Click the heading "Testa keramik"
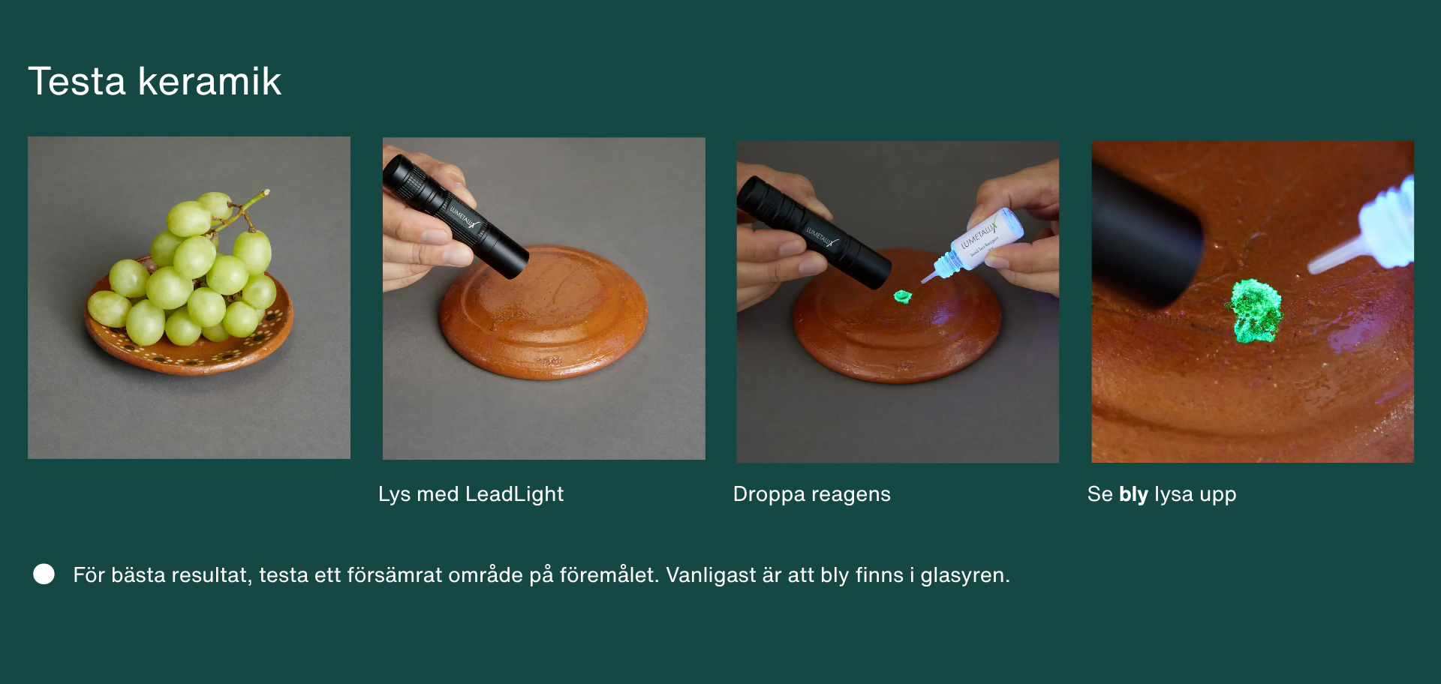pos(155,81)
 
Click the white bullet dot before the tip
pos(44,574)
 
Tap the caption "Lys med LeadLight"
pos(471,494)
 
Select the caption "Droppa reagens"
pos(811,494)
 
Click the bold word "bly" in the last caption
pos(1133,494)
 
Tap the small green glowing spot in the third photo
pos(902,297)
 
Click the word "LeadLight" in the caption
pos(514,494)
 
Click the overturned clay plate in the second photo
pos(543,311)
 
